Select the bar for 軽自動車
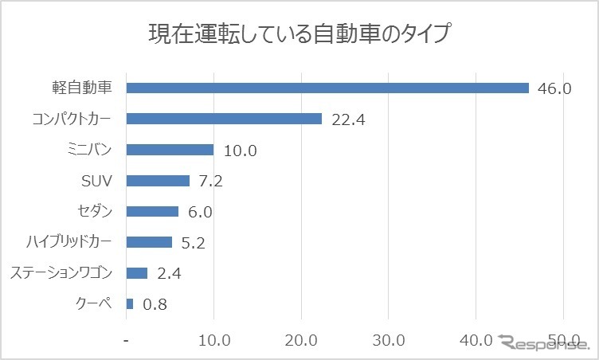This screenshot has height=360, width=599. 327,88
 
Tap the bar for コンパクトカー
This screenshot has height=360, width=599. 224,119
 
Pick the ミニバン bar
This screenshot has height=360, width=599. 170,150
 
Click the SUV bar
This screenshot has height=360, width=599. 158,181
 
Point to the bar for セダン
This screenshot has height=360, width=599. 152,211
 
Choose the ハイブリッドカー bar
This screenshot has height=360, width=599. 149,242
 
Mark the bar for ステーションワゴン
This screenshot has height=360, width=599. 137,273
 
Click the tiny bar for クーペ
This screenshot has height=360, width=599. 130,303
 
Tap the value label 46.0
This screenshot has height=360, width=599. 554,88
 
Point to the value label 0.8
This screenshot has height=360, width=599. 155,304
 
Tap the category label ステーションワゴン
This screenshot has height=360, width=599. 61,273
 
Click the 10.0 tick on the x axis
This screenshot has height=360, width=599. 213,341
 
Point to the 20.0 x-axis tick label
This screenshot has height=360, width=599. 301,341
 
